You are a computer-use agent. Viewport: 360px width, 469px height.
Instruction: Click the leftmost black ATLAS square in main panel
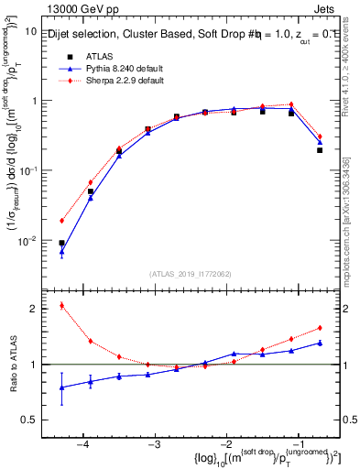tap(61, 243)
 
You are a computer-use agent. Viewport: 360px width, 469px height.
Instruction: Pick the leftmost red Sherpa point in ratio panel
tap(61, 305)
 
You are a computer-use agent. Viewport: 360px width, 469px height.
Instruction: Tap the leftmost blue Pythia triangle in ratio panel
tap(61, 387)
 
